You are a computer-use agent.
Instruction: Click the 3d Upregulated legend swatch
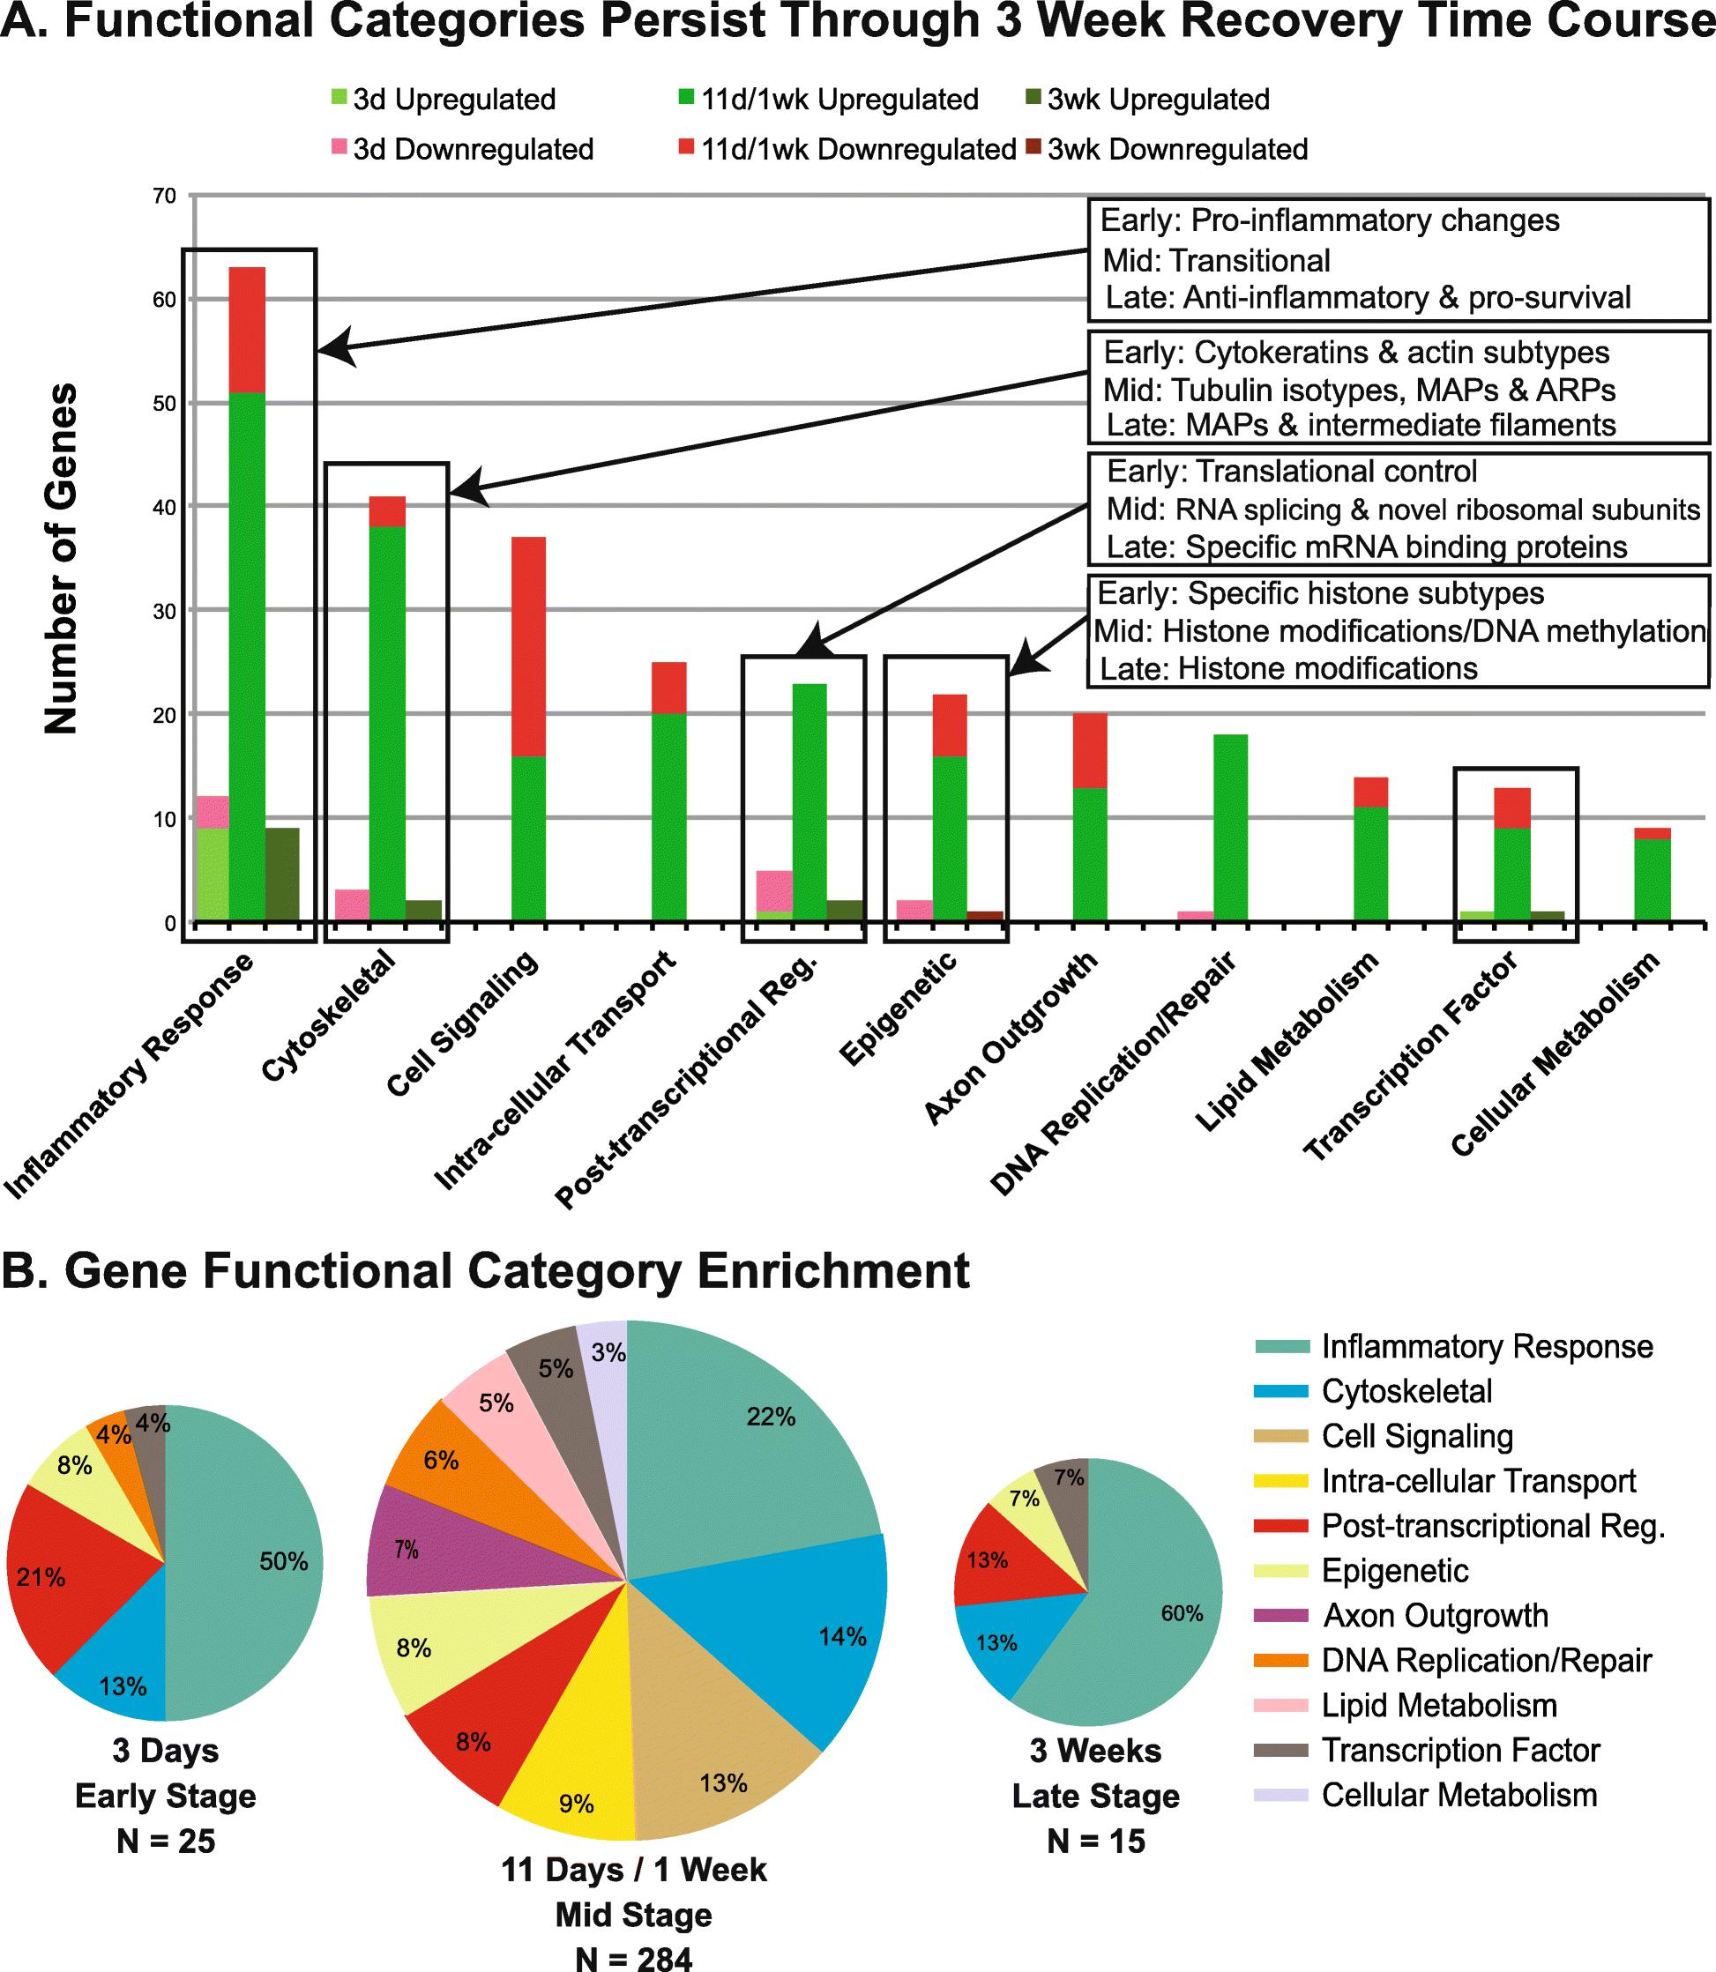pyautogui.click(x=339, y=97)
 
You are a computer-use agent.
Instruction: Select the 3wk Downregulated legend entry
pyautogui.click(x=1177, y=149)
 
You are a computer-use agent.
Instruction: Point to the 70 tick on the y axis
pyautogui.click(x=165, y=197)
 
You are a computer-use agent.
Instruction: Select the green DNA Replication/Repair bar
pyautogui.click(x=1229, y=827)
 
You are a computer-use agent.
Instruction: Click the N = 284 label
pyautogui.click(x=634, y=1953)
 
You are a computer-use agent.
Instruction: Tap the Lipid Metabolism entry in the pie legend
pyautogui.click(x=1438, y=1705)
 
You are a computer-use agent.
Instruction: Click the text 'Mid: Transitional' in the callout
pyautogui.click(x=1216, y=260)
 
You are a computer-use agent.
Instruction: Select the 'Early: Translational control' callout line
pyautogui.click(x=1292, y=471)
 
